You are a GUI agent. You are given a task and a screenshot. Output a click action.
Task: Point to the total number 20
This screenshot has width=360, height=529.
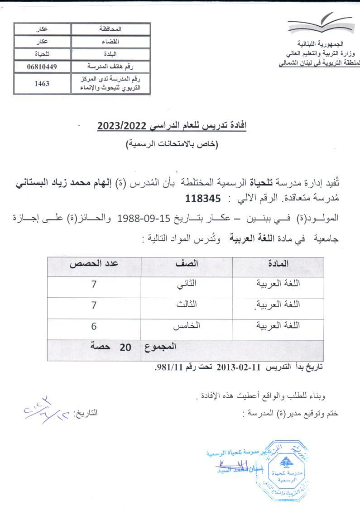[x=125, y=348]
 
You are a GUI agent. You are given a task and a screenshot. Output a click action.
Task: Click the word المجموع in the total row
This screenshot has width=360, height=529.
[x=160, y=348]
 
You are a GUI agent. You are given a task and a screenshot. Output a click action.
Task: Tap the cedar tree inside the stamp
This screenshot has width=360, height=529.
[x=285, y=462]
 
